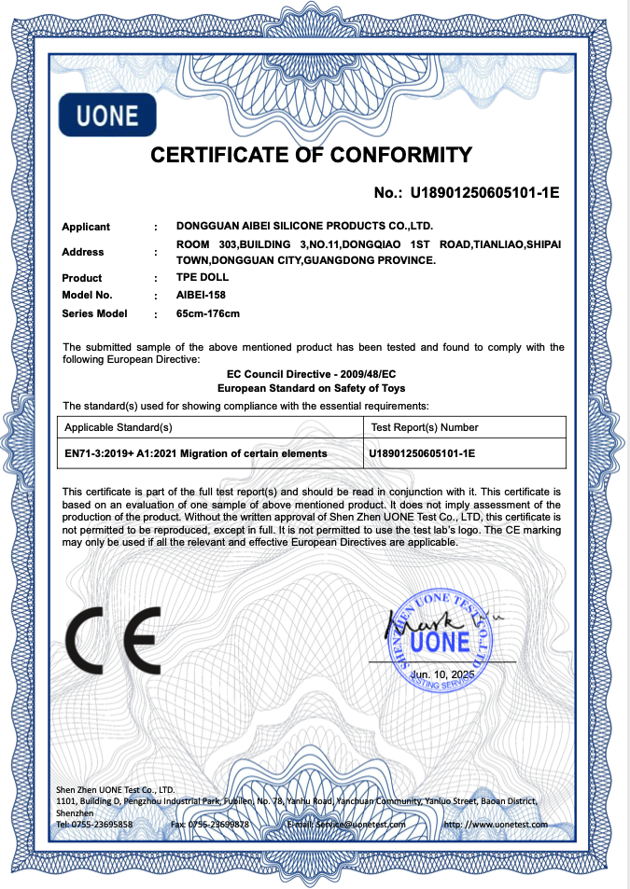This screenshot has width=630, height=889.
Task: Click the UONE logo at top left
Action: point(106,115)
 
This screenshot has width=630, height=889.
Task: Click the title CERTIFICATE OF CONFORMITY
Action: point(312,155)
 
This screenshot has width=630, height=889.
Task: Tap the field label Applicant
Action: point(86,227)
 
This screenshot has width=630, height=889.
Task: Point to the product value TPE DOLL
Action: point(202,278)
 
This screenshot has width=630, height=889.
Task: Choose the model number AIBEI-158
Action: point(201,296)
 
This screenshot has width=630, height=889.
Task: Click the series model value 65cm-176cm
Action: point(208,313)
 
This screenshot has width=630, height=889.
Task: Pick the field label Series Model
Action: point(94,313)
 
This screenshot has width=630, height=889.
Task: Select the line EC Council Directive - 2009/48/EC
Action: point(312,373)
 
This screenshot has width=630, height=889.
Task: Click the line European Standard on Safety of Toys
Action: point(312,387)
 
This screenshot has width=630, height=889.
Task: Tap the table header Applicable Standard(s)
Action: point(117,427)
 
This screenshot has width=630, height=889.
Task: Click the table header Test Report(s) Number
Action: point(425,427)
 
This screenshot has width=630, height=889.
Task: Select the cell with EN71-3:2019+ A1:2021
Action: point(195,452)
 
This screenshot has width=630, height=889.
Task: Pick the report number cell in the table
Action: point(424,452)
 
